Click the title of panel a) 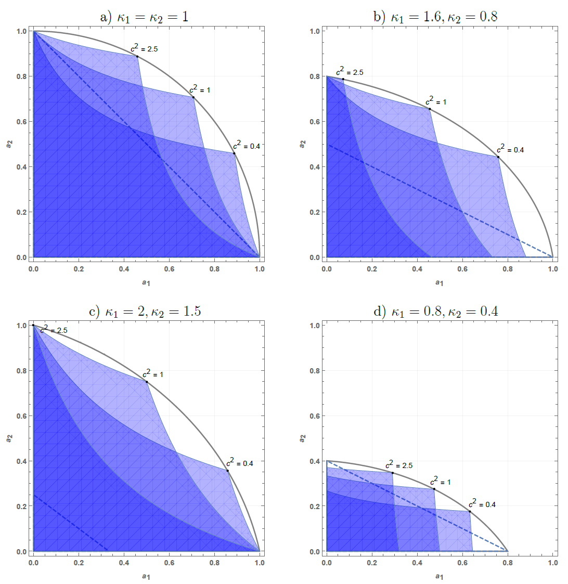144,17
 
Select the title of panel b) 435,17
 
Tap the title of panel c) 145,311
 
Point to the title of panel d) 436,311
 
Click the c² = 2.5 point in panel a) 137,57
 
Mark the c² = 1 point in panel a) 193,97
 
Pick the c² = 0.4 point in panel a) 234,153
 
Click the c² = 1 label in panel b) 436,100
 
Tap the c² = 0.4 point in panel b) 498,157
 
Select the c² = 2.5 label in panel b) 350,71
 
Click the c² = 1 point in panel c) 147,382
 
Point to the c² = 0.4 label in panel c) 239,462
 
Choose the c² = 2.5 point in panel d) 393,473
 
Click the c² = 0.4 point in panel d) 470,511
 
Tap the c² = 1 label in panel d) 441,481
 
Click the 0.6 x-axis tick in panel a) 169,269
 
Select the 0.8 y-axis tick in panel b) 315,76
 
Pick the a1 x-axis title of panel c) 146,577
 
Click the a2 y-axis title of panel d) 302,438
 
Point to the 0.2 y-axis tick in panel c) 22,506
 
